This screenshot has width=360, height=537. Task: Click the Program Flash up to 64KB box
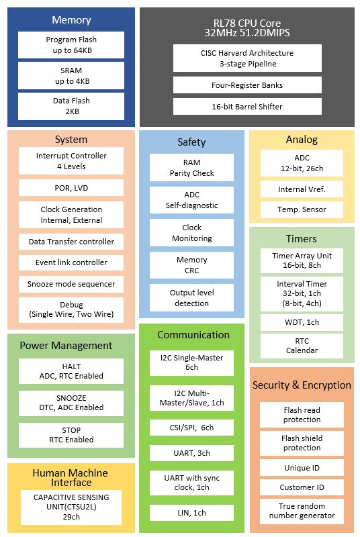pos(71,45)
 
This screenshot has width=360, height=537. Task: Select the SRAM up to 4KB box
pos(71,76)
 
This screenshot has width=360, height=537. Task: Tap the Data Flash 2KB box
pos(71,106)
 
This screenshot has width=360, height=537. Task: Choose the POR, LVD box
pos(71,187)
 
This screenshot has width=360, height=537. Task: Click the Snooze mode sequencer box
pos(71,284)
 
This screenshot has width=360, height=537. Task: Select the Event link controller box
pos(71,262)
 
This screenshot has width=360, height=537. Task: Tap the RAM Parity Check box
pos(191,168)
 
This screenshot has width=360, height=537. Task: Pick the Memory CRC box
pos(191,264)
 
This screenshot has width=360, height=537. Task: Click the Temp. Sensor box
pos(302,209)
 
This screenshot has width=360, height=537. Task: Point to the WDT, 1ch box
pos(302,322)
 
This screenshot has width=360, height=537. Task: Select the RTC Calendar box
pos(302,346)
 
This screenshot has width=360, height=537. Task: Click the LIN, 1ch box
pos(191,514)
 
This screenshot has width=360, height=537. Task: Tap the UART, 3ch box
pos(191,454)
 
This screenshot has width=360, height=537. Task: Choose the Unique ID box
pos(302,467)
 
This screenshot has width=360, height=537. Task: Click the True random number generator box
pos(302,511)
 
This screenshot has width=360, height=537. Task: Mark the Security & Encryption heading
pos(302,385)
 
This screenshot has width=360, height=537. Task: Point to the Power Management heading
pos(66,346)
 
